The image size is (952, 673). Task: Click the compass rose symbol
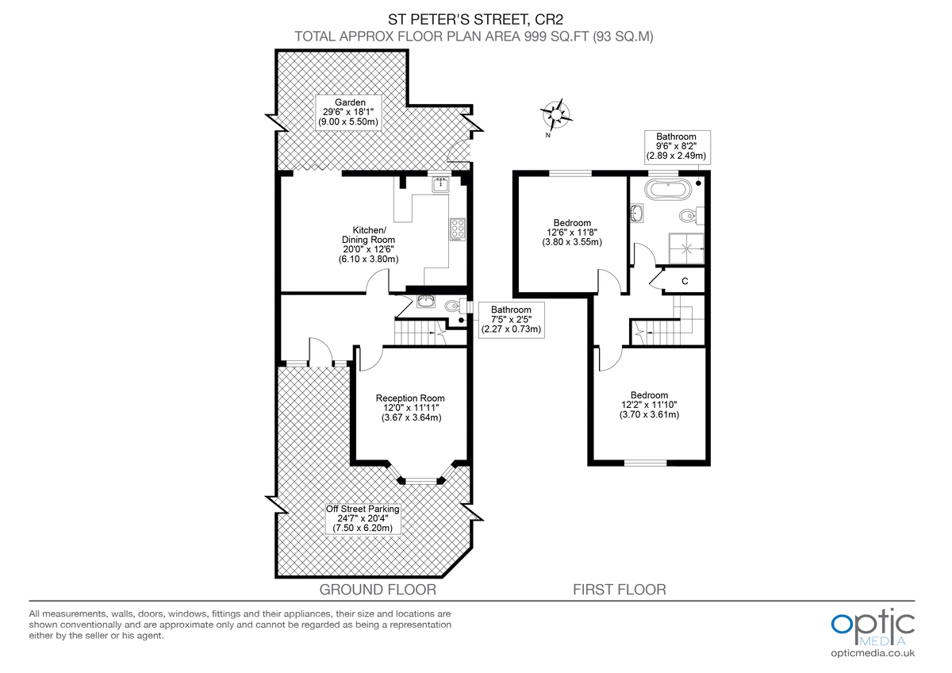click(558, 113)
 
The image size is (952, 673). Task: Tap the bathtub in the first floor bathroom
click(666, 189)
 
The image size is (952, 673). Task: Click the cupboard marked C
click(684, 281)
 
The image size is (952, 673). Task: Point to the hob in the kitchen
click(458, 229)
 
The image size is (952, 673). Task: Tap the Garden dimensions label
click(349, 113)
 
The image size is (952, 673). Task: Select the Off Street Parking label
click(363, 518)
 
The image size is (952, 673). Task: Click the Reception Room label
click(410, 407)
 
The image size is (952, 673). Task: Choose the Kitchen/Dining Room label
click(367, 244)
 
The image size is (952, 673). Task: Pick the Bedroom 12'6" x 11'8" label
click(571, 233)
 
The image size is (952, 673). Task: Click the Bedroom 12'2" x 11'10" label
click(649, 405)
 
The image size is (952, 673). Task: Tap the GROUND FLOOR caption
click(378, 590)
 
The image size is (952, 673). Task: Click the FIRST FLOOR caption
click(620, 590)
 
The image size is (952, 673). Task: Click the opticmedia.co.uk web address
click(873, 653)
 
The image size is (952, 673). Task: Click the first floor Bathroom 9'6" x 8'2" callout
click(676, 147)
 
